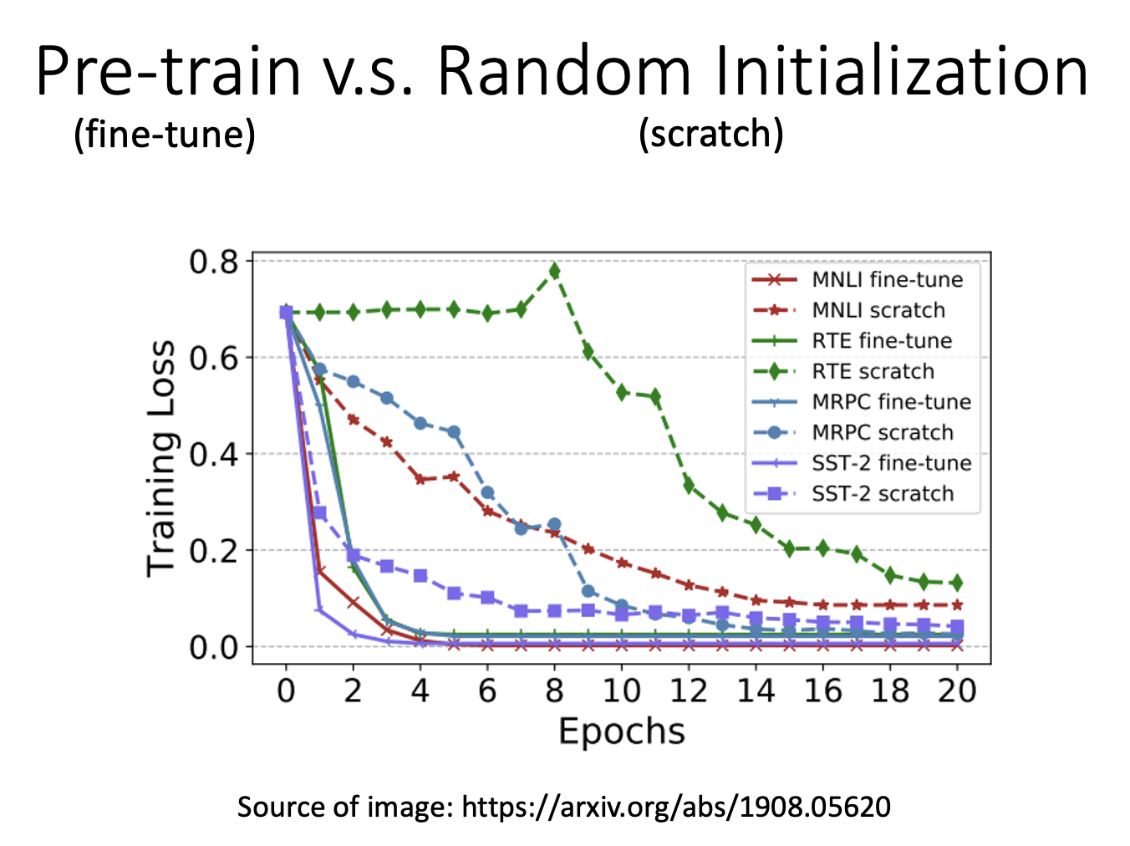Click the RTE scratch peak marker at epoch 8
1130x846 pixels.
pyautogui.click(x=554, y=271)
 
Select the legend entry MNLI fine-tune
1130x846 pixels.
pyautogui.click(x=887, y=279)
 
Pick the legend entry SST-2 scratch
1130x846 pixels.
pyautogui.click(x=882, y=493)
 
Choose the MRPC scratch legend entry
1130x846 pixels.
pyautogui.click(x=882, y=432)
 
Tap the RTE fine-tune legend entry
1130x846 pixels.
pyautogui.click(x=882, y=340)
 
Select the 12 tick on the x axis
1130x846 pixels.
pyautogui.click(x=689, y=691)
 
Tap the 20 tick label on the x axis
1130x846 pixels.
pyautogui.click(x=957, y=691)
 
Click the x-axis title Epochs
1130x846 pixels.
pyautogui.click(x=621, y=731)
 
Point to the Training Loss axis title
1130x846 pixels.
pyautogui.click(x=161, y=458)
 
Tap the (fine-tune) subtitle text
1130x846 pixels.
pyautogui.click(x=165, y=134)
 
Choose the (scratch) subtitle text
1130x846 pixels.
pyautogui.click(x=710, y=134)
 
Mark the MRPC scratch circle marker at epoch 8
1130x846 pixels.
pyautogui.click(x=554, y=525)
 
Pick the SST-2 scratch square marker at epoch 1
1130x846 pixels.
pyautogui.click(x=319, y=512)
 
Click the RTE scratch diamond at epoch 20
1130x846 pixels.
pyautogui.click(x=957, y=583)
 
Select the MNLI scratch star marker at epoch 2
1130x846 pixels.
pyautogui.click(x=353, y=419)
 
